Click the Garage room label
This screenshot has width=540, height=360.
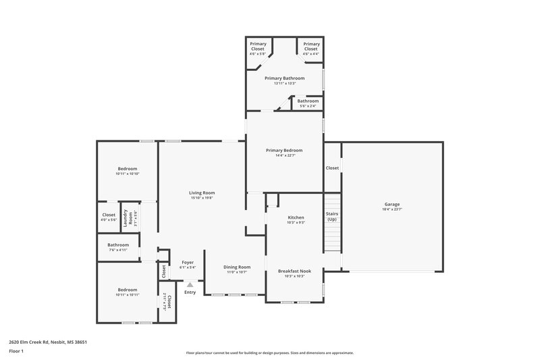[x=392, y=204]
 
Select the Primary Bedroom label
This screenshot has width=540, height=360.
[x=283, y=150]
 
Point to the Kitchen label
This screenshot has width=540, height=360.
[x=296, y=217]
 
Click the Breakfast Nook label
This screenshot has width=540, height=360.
[x=296, y=271]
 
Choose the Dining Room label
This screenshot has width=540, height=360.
[x=237, y=266]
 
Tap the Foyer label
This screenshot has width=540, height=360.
[x=188, y=262]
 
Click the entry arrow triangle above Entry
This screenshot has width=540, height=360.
[x=190, y=285]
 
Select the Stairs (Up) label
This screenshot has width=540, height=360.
[x=331, y=217]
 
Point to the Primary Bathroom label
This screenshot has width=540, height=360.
[x=284, y=78]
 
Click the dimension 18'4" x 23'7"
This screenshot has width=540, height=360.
[x=392, y=209]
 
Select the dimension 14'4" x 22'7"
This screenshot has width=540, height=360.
[x=283, y=155]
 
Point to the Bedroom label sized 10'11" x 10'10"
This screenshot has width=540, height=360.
[x=128, y=168]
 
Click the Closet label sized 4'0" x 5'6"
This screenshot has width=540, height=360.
[x=109, y=215]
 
